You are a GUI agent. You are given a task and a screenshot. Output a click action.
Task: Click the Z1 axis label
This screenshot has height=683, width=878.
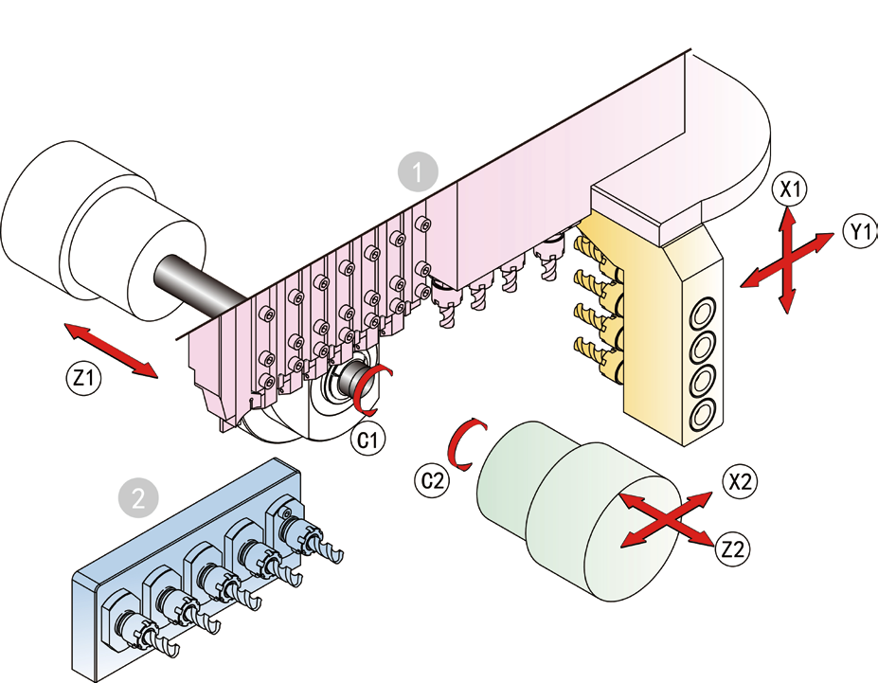[x=83, y=377]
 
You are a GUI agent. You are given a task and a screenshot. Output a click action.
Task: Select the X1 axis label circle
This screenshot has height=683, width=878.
[x=788, y=189]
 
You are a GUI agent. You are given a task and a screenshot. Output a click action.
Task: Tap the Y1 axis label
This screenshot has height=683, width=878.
[x=860, y=229]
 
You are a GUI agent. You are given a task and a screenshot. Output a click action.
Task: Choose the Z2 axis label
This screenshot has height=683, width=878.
[x=732, y=548]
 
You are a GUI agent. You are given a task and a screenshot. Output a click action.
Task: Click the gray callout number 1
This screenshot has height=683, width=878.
[x=417, y=172]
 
